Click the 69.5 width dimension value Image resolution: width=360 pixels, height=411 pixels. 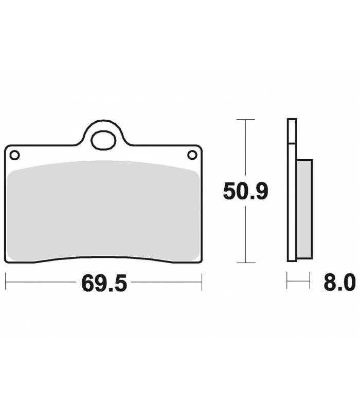point(104,283)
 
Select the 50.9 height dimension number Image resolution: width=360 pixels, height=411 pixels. point(246,191)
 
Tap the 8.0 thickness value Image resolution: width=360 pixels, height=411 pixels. point(340,282)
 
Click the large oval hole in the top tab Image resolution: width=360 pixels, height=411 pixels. point(103,140)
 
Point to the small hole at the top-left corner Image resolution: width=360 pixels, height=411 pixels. point(14,155)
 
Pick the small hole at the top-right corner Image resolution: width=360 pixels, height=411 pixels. point(192,155)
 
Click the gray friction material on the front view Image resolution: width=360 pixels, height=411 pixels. point(103,211)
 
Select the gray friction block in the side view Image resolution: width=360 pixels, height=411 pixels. point(304,209)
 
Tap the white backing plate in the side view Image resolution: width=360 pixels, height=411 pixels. point(292,190)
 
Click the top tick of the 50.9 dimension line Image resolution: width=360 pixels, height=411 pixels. point(246,120)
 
